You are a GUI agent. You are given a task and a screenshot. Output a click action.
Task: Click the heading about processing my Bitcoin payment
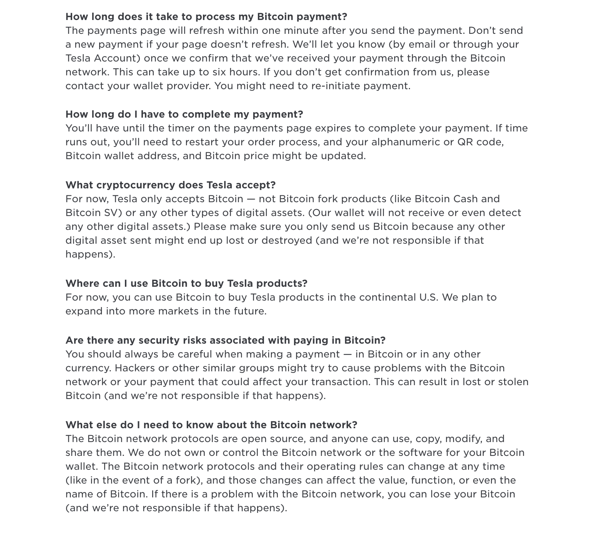(x=206, y=17)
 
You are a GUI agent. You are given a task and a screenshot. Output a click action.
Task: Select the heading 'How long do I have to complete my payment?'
(x=184, y=115)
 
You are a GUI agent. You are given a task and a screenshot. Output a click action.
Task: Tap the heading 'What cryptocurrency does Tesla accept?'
(x=170, y=185)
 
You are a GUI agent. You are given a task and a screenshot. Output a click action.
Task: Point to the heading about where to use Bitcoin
(x=186, y=284)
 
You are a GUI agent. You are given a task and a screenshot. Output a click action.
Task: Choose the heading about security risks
(x=225, y=341)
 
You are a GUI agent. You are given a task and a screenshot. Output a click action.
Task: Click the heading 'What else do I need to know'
(x=211, y=425)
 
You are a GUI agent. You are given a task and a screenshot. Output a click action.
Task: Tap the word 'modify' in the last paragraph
(x=464, y=439)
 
